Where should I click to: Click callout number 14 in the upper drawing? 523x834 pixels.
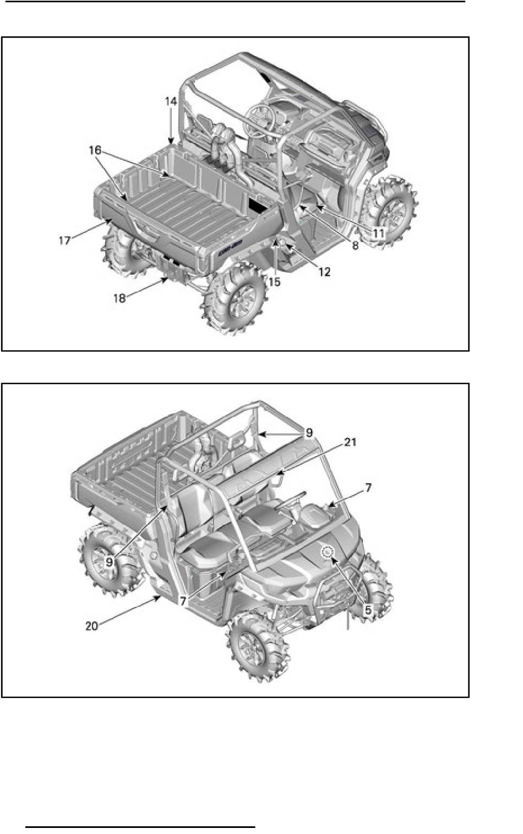click(171, 102)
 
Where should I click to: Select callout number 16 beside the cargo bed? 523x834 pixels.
click(95, 150)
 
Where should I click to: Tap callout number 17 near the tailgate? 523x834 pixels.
click(64, 241)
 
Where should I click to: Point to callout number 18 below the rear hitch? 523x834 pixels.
click(119, 298)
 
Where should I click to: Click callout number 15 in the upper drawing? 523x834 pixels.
click(274, 282)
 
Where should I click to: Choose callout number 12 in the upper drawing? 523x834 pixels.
click(324, 272)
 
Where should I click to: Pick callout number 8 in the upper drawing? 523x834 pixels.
click(355, 246)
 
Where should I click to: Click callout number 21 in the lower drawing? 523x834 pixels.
click(350, 442)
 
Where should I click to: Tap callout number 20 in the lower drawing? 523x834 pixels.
click(91, 626)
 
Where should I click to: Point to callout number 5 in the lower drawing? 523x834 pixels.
click(368, 610)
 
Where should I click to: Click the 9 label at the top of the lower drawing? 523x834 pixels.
click(309, 432)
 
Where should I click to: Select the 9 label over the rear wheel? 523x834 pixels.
click(109, 562)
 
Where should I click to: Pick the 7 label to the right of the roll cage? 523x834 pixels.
click(368, 488)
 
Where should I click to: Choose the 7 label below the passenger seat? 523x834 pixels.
click(183, 601)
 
